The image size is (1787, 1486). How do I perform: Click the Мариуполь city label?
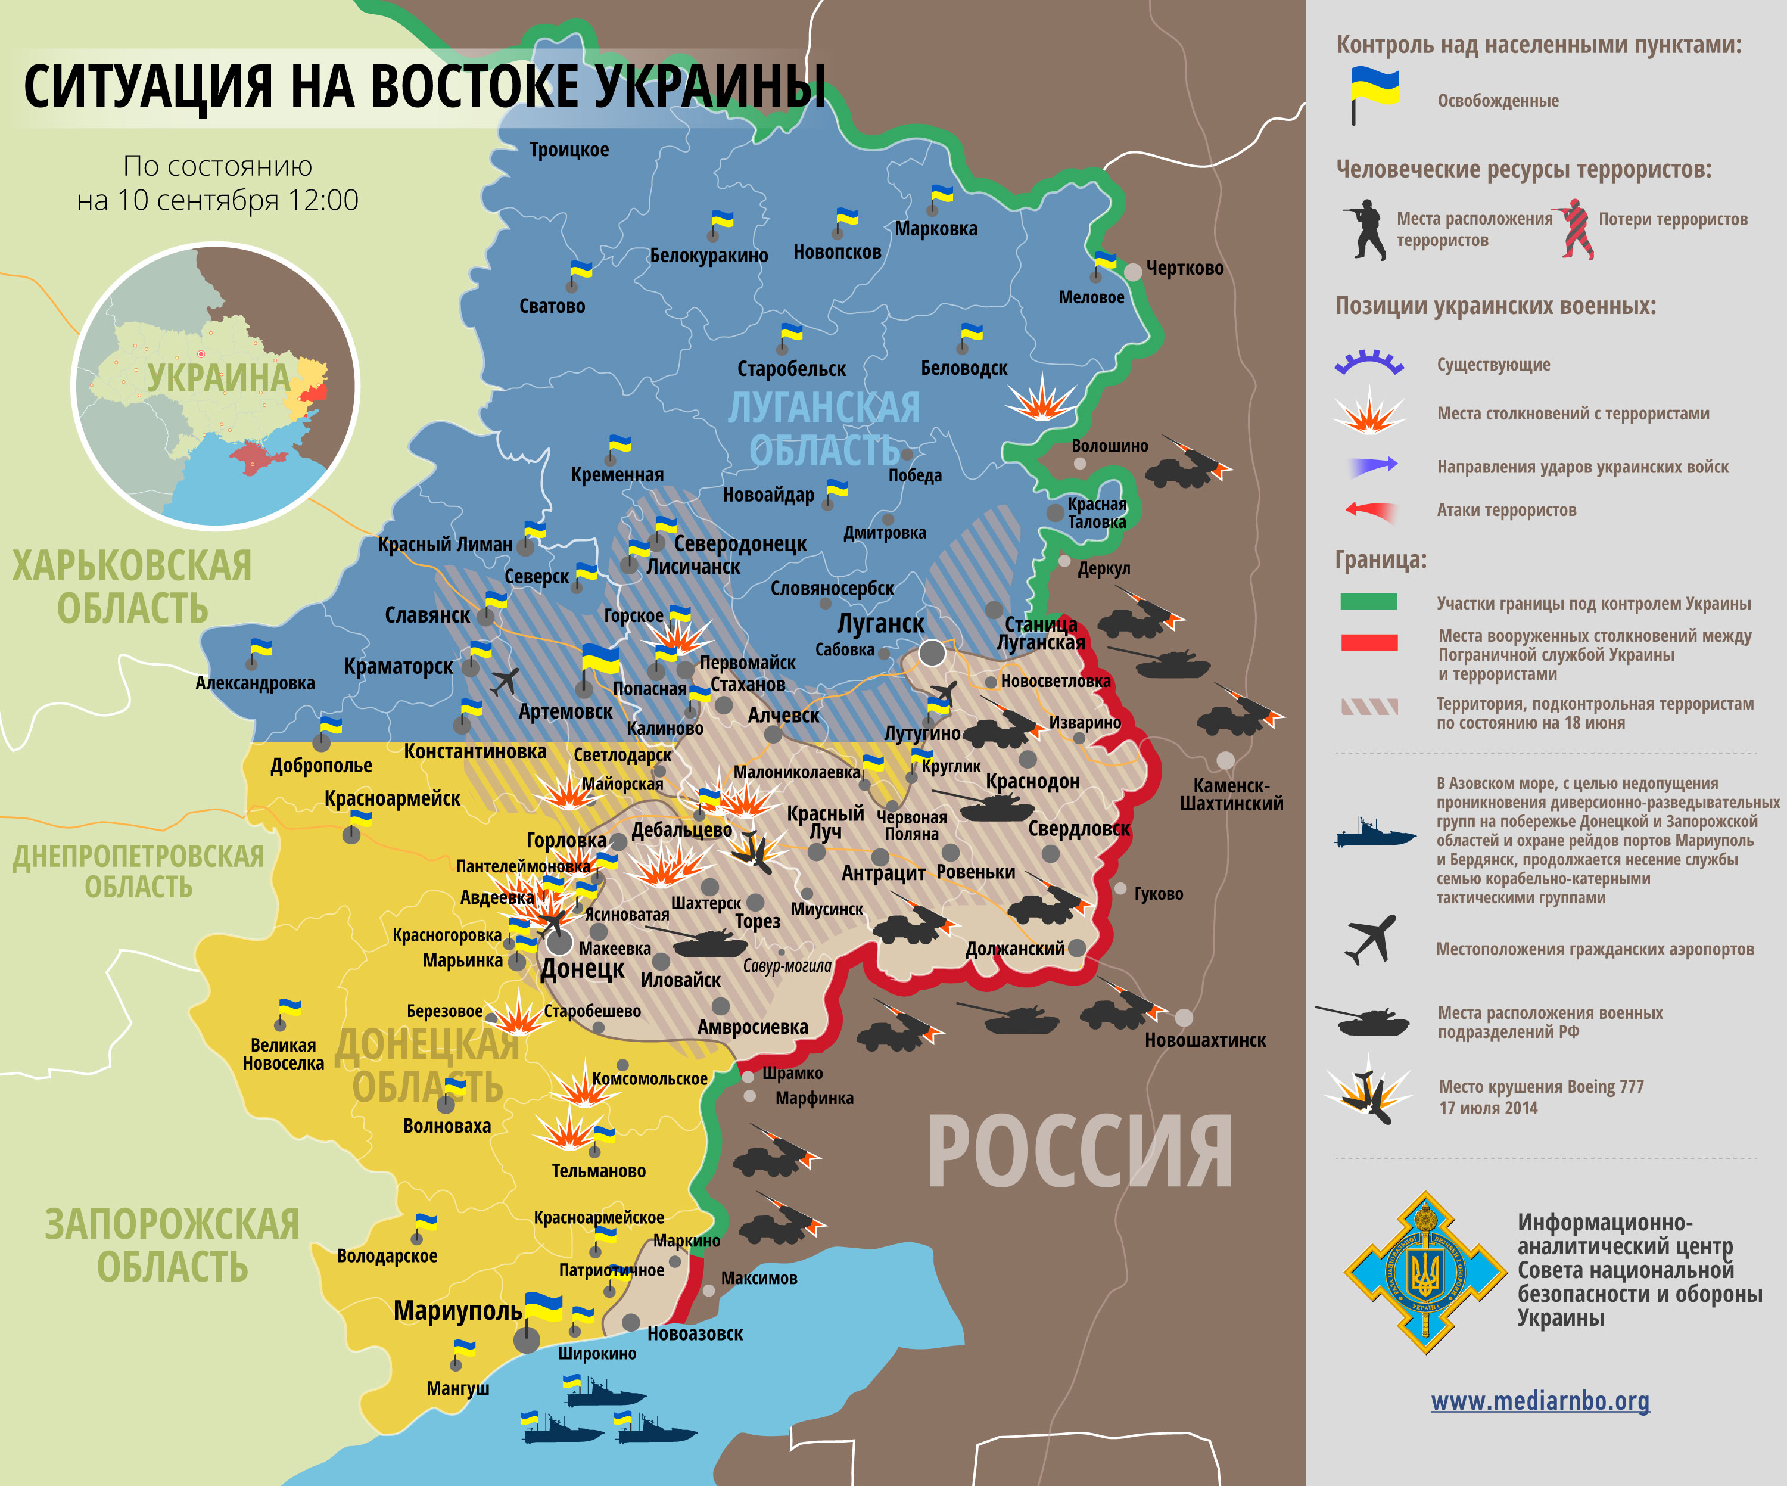coord(457,1311)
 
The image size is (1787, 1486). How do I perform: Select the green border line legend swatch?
coord(1368,602)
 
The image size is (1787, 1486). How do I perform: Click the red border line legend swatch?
coord(1368,642)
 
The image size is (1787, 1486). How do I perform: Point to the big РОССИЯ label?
coord(1079,1153)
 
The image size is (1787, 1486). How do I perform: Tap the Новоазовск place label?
coord(695,1333)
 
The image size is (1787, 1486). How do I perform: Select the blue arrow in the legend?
coord(1372,465)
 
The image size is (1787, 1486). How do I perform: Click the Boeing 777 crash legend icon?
coord(1368,1094)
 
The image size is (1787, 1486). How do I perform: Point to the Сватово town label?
coord(552,306)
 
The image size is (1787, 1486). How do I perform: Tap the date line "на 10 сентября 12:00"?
coord(218,200)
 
